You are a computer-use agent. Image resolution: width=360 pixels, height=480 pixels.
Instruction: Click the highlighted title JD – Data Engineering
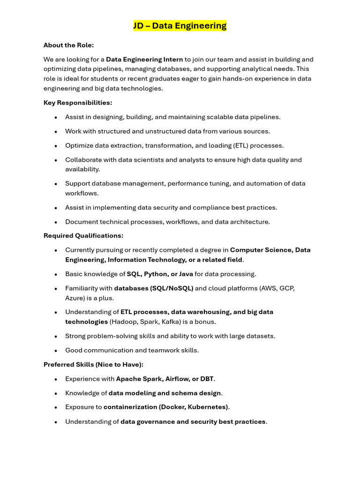coord(180,26)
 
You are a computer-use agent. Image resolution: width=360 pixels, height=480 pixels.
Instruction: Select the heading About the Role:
coord(68,45)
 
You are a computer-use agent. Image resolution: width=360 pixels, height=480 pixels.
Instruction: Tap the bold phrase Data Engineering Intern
coord(144,60)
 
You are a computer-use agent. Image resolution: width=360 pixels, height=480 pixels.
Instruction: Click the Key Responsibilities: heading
coord(78,103)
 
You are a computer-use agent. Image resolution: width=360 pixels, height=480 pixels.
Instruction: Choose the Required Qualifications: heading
coord(83,236)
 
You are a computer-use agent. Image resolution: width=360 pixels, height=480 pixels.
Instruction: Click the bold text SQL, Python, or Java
coord(160,274)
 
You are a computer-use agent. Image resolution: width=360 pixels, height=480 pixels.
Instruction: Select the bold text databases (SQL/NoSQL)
coord(154,288)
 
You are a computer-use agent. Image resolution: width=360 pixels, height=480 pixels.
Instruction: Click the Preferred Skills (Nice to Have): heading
coord(93,364)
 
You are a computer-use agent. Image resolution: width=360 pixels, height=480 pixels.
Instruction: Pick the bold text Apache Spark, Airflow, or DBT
coord(165,379)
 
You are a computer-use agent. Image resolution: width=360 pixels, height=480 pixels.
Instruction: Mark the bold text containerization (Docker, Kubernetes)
coord(166,407)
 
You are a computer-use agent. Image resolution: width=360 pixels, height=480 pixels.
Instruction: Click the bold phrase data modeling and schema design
coord(165,393)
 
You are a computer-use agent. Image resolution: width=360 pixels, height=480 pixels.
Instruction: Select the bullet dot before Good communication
coord(56,351)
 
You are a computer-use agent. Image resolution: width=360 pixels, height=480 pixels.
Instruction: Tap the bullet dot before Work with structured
coord(56,132)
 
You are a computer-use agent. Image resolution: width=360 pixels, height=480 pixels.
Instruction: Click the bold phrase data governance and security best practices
coord(193,421)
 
